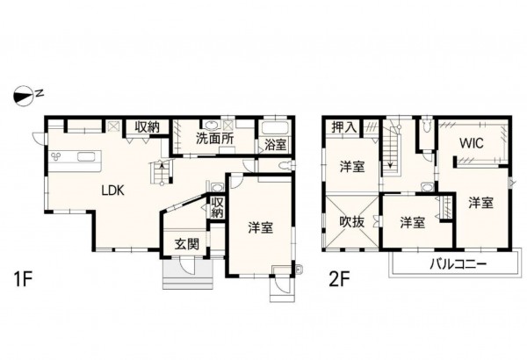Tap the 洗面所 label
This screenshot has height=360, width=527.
[213, 139]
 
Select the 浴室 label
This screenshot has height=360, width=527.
[271, 145]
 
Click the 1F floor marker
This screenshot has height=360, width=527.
[24, 281]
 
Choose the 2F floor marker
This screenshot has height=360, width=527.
[340, 281]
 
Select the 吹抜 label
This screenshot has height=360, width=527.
[352, 223]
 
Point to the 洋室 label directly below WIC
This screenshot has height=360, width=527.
[480, 203]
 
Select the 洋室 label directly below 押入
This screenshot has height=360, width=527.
[352, 167]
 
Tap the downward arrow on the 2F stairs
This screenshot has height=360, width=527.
[387, 162]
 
